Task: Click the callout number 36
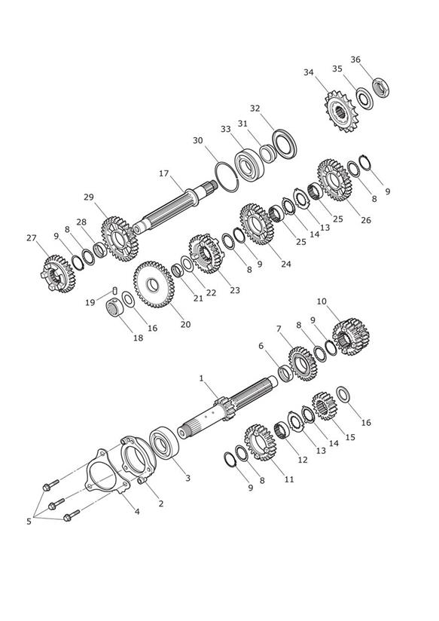coord(355,60)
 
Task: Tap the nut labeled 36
coord(381,87)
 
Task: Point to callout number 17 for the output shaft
coord(164,173)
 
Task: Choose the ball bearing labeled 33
coord(249,165)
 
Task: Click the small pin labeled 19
coord(115,290)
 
